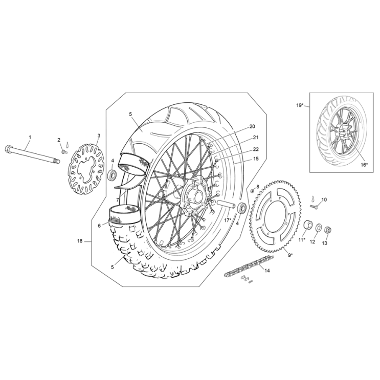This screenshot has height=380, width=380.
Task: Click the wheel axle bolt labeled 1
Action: [32, 154]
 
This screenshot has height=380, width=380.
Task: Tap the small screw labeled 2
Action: [64, 152]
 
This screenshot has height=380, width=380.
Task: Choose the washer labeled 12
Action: [319, 228]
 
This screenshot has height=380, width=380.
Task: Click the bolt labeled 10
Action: [315, 207]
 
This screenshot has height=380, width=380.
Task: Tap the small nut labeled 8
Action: [252, 191]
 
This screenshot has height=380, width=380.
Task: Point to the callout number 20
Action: [252, 126]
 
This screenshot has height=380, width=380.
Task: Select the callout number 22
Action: [256, 149]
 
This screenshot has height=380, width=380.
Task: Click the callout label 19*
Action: [300, 105]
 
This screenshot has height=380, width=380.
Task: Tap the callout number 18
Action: [80, 241]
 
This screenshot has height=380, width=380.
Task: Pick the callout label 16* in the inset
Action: [364, 165]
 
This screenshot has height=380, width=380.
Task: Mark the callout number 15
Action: [256, 159]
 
